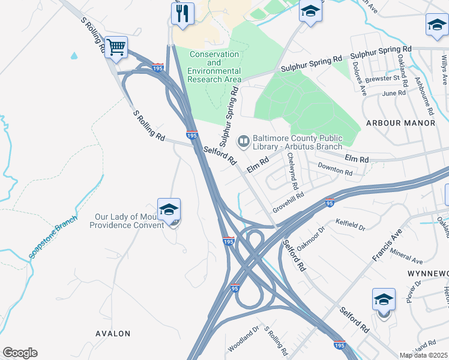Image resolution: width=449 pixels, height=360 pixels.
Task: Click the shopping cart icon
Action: coord(116,47)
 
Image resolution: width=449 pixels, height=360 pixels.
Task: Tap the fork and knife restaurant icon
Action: coord(182,13)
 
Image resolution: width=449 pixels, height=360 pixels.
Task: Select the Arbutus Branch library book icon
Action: coord(244,142)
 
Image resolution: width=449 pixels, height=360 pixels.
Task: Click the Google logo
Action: coord(20,353)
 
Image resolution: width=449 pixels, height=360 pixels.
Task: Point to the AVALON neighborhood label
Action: coord(112,333)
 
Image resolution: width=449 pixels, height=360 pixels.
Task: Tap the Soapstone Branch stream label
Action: coord(54,237)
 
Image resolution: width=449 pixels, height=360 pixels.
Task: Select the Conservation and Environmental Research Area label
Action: coord(215,67)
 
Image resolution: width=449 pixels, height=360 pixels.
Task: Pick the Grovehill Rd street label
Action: coord(289,203)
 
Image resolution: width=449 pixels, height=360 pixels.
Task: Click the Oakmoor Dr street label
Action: coord(310,238)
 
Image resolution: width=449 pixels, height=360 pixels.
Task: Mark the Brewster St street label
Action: coord(384,79)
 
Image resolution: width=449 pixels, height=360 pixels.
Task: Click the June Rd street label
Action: coord(393,93)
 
